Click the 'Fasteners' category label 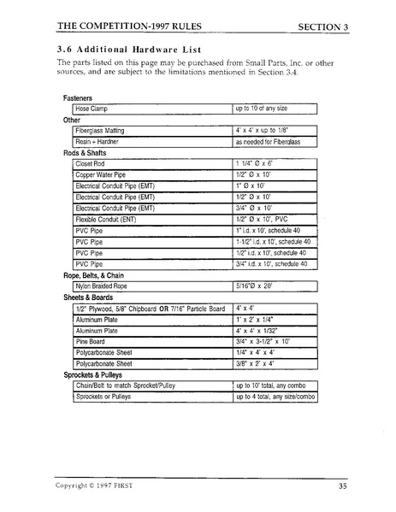point(81,98)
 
